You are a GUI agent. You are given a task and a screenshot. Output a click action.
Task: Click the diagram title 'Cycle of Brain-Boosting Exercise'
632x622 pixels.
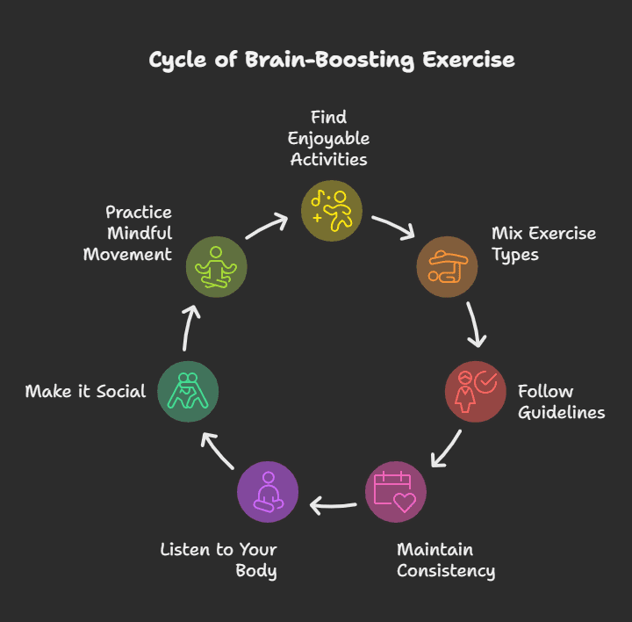click(x=331, y=60)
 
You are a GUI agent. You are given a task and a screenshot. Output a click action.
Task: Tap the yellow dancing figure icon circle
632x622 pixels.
click(x=332, y=209)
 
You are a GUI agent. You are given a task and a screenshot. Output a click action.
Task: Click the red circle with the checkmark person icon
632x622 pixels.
click(x=476, y=391)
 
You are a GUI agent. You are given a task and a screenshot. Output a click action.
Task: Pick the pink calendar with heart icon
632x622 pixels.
click(x=396, y=491)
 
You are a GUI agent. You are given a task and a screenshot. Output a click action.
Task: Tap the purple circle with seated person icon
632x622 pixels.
click(x=268, y=491)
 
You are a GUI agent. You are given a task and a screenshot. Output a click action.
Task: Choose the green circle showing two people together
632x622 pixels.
click(x=188, y=391)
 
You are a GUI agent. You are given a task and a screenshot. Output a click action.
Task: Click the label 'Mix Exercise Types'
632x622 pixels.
click(x=543, y=243)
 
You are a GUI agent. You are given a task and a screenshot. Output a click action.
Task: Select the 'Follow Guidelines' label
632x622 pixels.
click(x=561, y=401)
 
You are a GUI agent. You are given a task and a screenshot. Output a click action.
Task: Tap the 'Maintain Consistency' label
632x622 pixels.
click(x=445, y=560)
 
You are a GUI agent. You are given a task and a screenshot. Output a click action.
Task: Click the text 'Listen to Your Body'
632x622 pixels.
click(x=219, y=560)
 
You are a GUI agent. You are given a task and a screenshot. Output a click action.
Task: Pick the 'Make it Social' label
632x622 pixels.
click(x=85, y=391)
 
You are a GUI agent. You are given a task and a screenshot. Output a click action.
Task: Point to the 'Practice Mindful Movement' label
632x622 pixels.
click(x=128, y=233)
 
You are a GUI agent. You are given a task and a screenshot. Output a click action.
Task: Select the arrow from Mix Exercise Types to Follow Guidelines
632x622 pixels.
click(x=475, y=326)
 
